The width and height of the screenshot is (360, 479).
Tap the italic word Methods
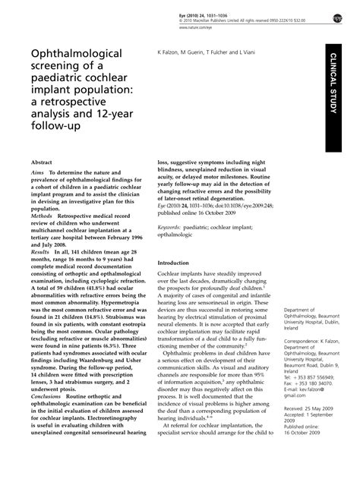(42, 216)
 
